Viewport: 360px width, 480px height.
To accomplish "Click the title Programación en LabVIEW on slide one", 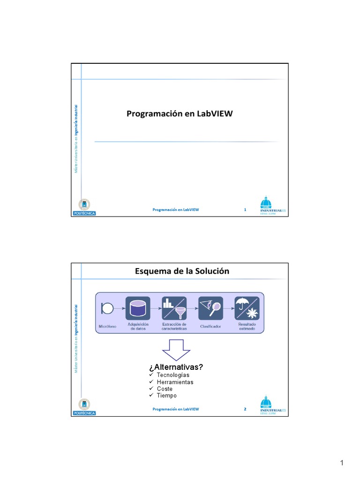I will (180, 114).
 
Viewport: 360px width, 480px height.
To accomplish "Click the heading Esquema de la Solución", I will (182, 271).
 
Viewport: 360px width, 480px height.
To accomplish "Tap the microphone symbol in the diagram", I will (107, 308).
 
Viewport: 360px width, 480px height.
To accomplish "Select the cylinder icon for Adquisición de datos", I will (138, 308).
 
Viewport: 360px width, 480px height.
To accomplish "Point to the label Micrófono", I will (107, 326).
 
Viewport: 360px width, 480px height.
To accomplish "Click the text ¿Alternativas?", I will (176, 367).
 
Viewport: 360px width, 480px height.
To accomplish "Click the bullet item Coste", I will (165, 389).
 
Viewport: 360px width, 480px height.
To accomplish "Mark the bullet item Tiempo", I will (166, 396).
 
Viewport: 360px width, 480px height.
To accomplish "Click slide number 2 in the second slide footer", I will (245, 409).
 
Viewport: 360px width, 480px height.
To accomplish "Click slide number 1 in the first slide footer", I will (245, 210).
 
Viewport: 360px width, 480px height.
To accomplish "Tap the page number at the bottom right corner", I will (342, 464).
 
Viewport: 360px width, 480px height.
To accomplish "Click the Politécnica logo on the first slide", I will (84, 208).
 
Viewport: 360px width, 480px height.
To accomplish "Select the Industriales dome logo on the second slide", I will (272, 406).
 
